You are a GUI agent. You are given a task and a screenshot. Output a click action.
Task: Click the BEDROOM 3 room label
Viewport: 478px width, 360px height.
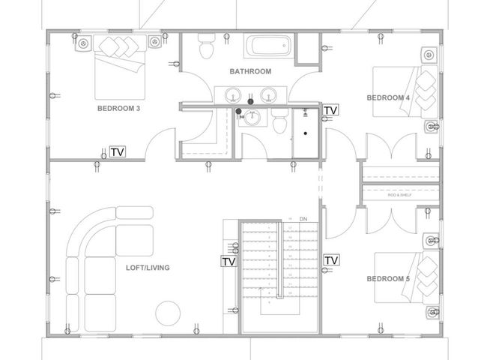click(118, 108)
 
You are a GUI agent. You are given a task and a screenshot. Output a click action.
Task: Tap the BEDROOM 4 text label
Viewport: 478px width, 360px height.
click(387, 97)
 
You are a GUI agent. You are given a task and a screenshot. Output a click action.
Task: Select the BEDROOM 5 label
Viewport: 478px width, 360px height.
click(387, 279)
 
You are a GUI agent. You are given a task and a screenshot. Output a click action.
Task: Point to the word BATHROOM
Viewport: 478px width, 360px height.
click(250, 71)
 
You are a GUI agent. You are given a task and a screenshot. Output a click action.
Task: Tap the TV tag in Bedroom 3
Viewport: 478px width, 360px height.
click(117, 151)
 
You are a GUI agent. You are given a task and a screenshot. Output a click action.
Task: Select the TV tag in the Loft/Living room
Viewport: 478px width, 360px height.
click(229, 262)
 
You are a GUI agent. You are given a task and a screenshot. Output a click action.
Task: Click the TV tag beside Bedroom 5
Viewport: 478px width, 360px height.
click(330, 260)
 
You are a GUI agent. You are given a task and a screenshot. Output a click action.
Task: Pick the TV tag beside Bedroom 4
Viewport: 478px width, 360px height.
click(330, 110)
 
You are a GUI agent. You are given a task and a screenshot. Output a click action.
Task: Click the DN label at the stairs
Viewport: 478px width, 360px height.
click(303, 219)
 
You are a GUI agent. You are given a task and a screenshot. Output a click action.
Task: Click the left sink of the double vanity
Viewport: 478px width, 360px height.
click(233, 95)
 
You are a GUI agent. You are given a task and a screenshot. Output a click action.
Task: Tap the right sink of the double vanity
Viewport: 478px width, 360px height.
click(269, 95)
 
